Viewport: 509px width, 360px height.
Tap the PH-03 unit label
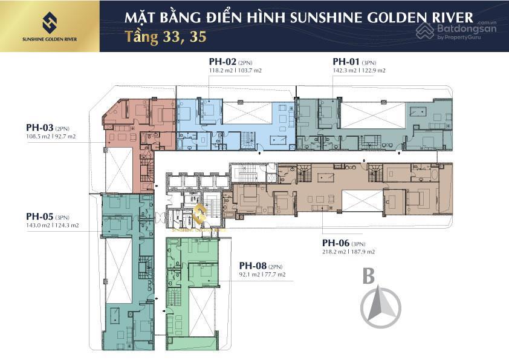click(39, 128)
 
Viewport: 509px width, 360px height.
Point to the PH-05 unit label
click(39, 216)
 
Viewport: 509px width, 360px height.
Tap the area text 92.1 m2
click(249, 275)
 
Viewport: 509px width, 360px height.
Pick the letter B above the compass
click(368, 276)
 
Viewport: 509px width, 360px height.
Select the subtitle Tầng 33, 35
click(166, 36)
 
